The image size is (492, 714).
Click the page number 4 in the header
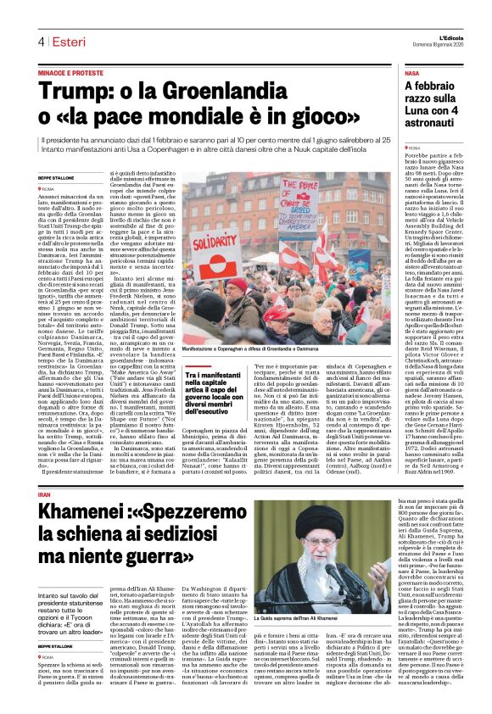coord(41,42)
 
